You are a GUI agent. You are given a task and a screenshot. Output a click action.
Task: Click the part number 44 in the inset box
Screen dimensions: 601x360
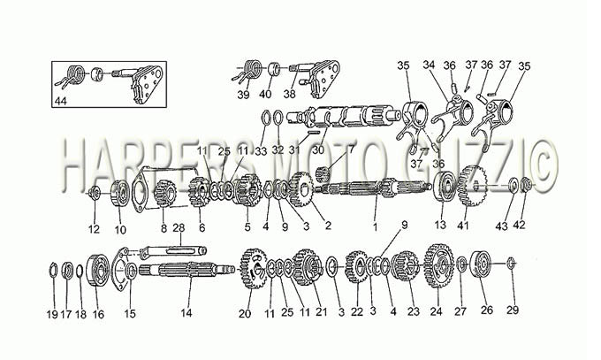click(x=61, y=102)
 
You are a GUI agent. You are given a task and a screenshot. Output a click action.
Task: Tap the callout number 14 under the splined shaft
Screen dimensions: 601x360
click(x=186, y=313)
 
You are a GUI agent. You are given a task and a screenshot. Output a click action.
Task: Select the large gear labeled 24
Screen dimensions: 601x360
click(x=439, y=265)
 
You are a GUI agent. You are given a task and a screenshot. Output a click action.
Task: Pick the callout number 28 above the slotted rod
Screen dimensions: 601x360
click(x=179, y=228)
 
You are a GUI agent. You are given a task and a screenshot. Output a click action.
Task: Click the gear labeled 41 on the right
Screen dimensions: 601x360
click(x=472, y=186)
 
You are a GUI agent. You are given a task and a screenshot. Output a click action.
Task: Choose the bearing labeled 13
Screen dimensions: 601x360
click(x=444, y=186)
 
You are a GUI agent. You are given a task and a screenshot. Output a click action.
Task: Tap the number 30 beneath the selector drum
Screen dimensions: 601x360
click(x=318, y=150)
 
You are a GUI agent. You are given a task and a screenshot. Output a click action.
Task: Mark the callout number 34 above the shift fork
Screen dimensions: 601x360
click(x=429, y=65)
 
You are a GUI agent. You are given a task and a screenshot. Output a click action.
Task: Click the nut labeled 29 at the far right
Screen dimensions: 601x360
click(x=510, y=264)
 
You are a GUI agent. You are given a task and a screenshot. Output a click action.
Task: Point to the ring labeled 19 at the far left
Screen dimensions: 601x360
click(x=53, y=270)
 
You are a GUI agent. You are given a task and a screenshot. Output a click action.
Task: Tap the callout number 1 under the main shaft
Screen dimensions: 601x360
click(x=376, y=226)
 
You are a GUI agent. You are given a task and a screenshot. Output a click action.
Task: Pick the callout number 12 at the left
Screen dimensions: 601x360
click(x=94, y=229)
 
